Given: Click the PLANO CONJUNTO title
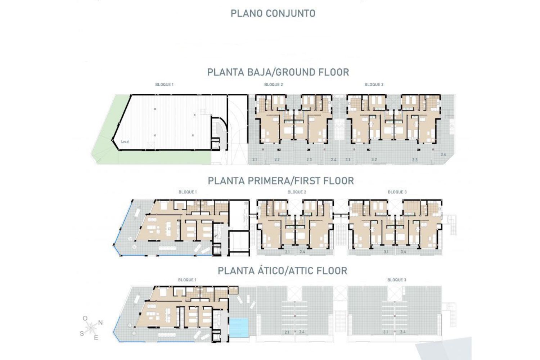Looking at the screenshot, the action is point(273,14).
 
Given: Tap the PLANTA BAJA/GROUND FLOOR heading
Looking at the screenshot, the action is point(278,72).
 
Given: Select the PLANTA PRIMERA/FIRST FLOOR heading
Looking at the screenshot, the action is point(281,181).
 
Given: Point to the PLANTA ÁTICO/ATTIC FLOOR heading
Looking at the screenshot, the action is point(283,271).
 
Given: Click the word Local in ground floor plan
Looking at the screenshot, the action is point(125,141).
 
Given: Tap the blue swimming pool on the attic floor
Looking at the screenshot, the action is point(239,328).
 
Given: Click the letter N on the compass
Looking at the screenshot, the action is point(100,323).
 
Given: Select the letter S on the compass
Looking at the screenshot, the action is point(82,333).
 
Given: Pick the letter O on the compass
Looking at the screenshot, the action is point(85,319).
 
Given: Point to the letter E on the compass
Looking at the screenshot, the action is point(96,338).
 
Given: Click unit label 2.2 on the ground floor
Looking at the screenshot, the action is point(277,159).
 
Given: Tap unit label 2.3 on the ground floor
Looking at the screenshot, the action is point(309,159).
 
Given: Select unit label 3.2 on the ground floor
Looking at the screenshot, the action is point(374,159).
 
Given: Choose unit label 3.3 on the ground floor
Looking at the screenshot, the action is point(415,160).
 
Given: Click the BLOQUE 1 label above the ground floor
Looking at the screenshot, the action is point(165,85).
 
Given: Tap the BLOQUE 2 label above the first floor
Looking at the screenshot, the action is point(297,192).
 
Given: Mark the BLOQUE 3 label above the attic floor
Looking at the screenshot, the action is point(397,280).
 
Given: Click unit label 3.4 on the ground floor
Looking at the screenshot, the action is point(443,154).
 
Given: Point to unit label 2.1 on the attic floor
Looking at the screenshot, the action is point(287,332).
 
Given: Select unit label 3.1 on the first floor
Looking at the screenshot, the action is point(386,252).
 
